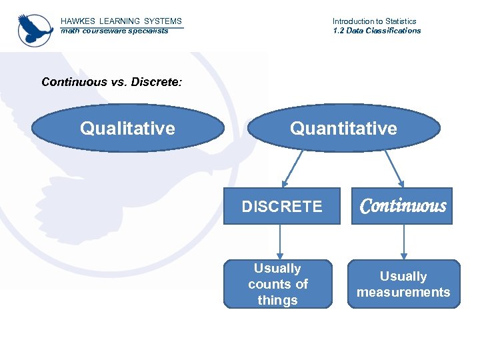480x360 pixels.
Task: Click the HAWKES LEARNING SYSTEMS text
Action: (x=121, y=21)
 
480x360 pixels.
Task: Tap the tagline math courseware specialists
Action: (x=114, y=31)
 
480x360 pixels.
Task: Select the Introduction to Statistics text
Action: (x=374, y=21)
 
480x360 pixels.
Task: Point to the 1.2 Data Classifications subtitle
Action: (x=377, y=31)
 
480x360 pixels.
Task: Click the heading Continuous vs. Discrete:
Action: (x=111, y=82)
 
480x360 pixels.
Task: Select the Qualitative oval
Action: (x=127, y=128)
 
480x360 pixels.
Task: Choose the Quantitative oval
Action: (x=343, y=128)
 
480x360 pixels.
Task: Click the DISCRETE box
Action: (x=281, y=207)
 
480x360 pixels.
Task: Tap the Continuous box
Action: (x=402, y=206)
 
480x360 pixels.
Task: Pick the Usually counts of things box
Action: (x=277, y=284)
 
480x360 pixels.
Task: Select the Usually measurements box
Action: (x=403, y=284)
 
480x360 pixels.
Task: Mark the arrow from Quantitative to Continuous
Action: (x=393, y=167)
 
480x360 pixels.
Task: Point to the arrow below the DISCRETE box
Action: (x=280, y=242)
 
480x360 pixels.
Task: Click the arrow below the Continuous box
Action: (x=403, y=242)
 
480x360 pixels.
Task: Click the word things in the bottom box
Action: (x=277, y=300)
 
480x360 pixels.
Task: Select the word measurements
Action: (x=403, y=292)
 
